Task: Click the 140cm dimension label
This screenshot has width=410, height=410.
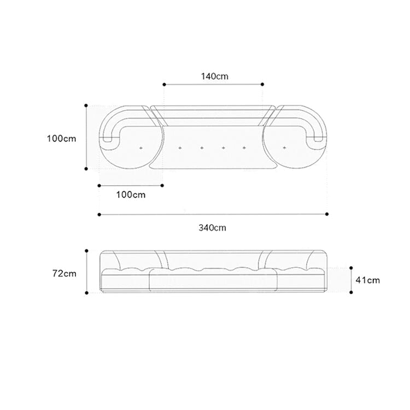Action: click(x=214, y=77)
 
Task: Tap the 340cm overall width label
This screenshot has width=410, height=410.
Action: click(x=212, y=228)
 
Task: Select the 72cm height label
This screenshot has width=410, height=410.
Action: click(x=65, y=273)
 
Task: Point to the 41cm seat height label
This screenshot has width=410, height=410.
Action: click(x=367, y=280)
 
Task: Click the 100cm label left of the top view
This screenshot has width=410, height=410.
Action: click(x=61, y=138)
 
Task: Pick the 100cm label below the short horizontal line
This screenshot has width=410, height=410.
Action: click(x=131, y=195)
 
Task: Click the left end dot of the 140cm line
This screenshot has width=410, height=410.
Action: click(x=164, y=84)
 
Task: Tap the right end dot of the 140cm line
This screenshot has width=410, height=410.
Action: click(x=262, y=84)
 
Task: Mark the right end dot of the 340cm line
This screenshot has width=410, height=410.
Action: click(x=327, y=214)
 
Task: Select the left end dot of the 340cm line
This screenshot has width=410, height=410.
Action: click(x=99, y=215)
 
